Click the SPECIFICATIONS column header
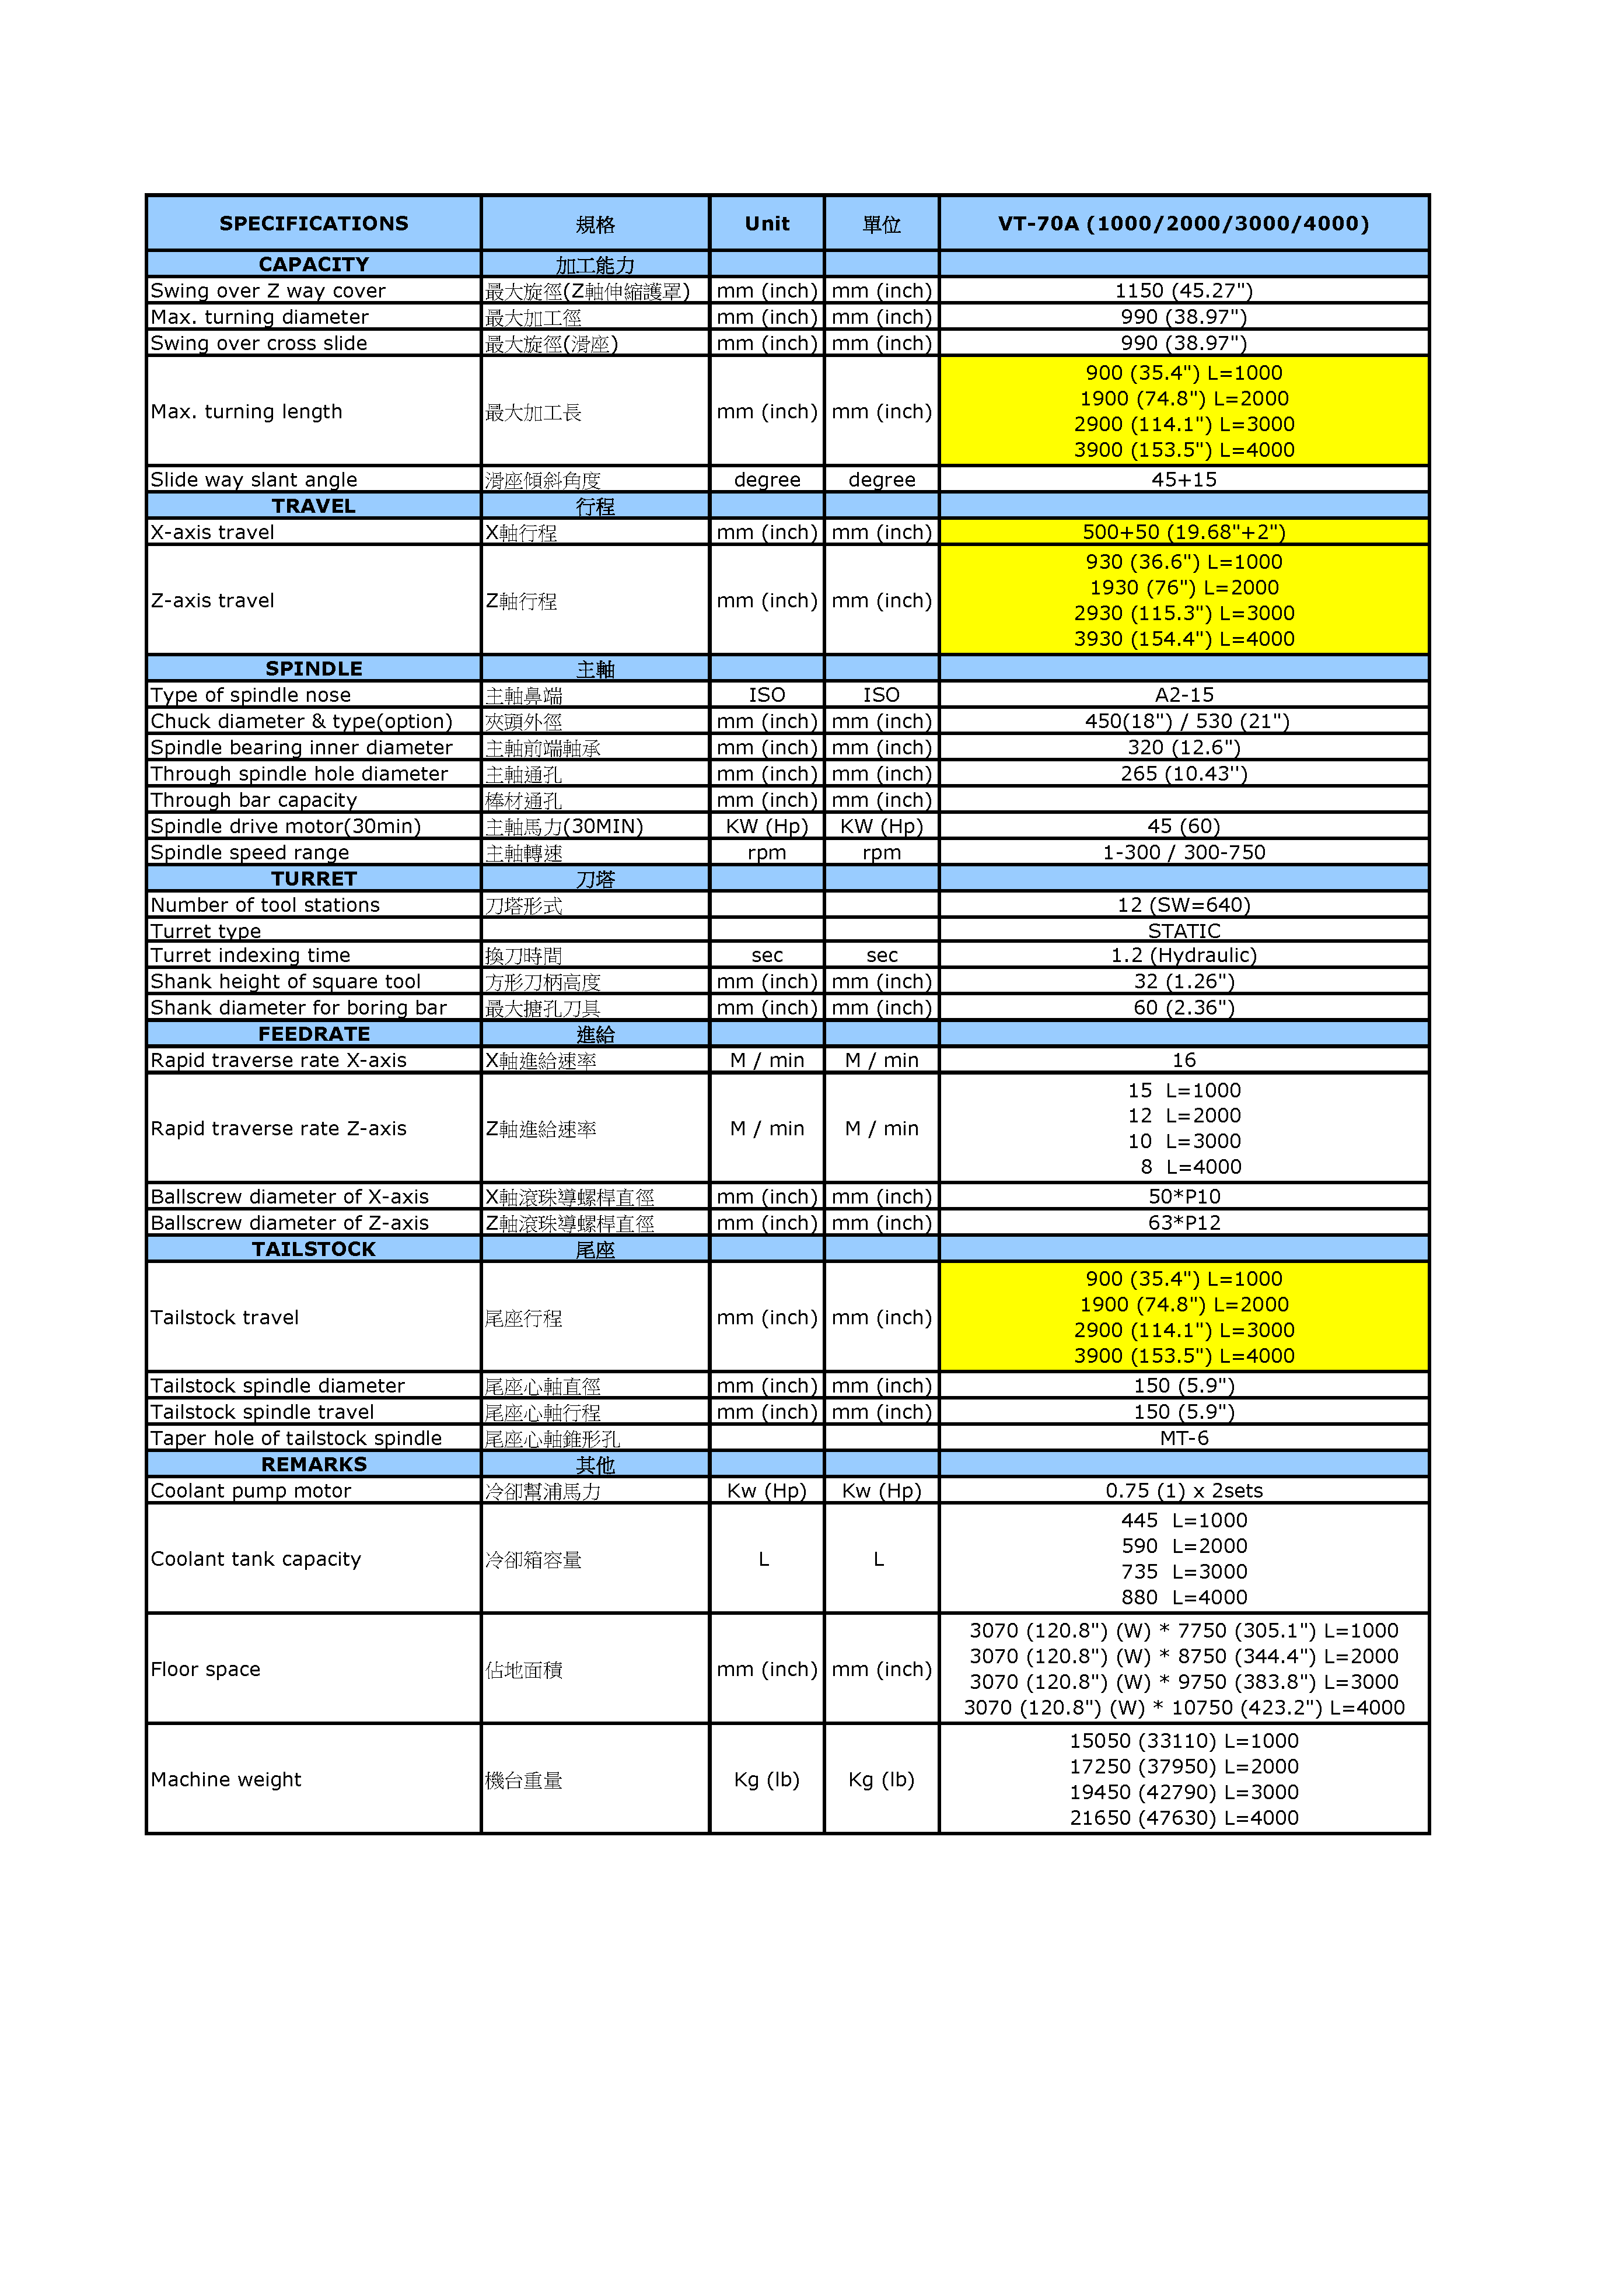[313, 224]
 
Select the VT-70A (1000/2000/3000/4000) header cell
[1183, 224]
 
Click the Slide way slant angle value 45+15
[1183, 480]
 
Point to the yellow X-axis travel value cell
[1183, 532]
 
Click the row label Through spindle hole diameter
[299, 774]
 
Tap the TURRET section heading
[313, 879]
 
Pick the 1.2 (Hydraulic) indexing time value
[1183, 956]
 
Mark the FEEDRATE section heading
[313, 1034]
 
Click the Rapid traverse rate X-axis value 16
[1183, 1061]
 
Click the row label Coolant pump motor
[251, 1491]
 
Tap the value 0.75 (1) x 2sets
[1183, 1491]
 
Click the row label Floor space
[205, 1670]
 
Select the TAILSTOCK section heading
[313, 1249]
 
